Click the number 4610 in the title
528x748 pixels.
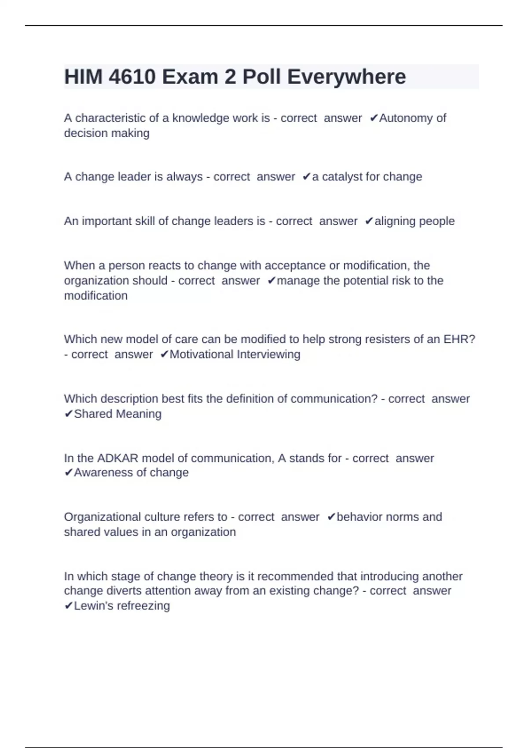(132, 77)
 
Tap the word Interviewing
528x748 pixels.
(268, 354)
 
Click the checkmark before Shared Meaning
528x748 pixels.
(68, 414)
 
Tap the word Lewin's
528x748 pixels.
(92, 606)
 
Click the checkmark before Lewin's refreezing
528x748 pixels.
(68, 606)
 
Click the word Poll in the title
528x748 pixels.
(262, 77)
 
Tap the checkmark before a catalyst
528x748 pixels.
(306, 176)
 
